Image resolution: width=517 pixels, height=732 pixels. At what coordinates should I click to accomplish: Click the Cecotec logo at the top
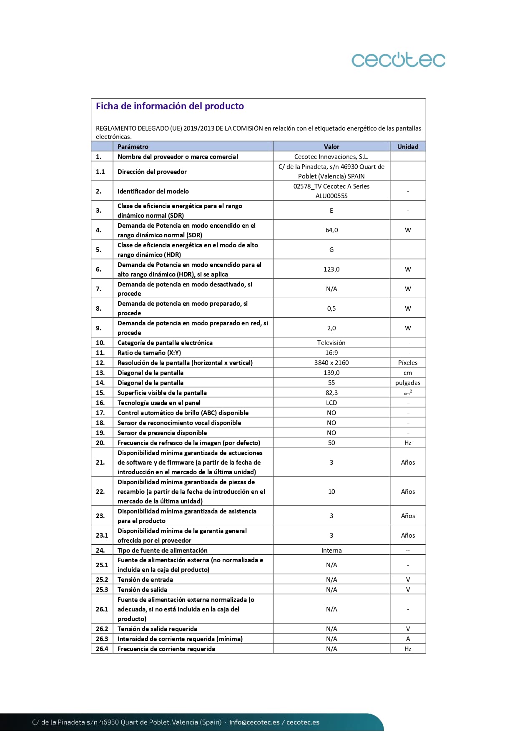398,60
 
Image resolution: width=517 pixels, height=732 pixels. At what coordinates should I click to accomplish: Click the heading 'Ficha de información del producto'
170,106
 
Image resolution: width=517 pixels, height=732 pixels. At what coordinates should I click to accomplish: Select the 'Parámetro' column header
133,146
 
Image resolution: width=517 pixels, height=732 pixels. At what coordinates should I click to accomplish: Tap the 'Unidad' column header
407,146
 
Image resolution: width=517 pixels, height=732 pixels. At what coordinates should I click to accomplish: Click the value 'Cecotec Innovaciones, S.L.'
331,157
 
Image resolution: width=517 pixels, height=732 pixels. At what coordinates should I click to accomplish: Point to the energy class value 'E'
331,211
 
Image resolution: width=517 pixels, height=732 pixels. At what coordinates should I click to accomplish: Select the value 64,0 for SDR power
331,230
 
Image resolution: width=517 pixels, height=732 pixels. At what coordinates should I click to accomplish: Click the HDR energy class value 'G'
331,250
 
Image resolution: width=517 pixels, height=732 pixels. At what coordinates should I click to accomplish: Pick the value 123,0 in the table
331,269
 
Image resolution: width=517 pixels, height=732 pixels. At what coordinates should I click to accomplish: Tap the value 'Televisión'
331,343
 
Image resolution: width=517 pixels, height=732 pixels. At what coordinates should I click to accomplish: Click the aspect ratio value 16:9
331,353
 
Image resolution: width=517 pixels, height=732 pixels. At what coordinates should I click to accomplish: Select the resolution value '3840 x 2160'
331,363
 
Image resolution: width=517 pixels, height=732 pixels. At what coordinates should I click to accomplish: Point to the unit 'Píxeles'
407,363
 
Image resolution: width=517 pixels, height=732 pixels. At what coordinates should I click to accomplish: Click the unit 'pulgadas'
407,383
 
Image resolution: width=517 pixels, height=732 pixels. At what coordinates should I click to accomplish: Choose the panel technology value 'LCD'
331,403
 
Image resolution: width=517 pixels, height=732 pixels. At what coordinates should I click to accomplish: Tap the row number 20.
100,443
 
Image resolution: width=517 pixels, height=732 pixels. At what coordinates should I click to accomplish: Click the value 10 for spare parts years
331,492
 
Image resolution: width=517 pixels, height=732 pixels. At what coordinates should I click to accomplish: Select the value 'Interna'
331,551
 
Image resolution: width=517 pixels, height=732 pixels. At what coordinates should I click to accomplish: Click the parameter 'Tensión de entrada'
145,580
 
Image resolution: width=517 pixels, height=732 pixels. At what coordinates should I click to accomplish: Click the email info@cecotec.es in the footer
254,722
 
